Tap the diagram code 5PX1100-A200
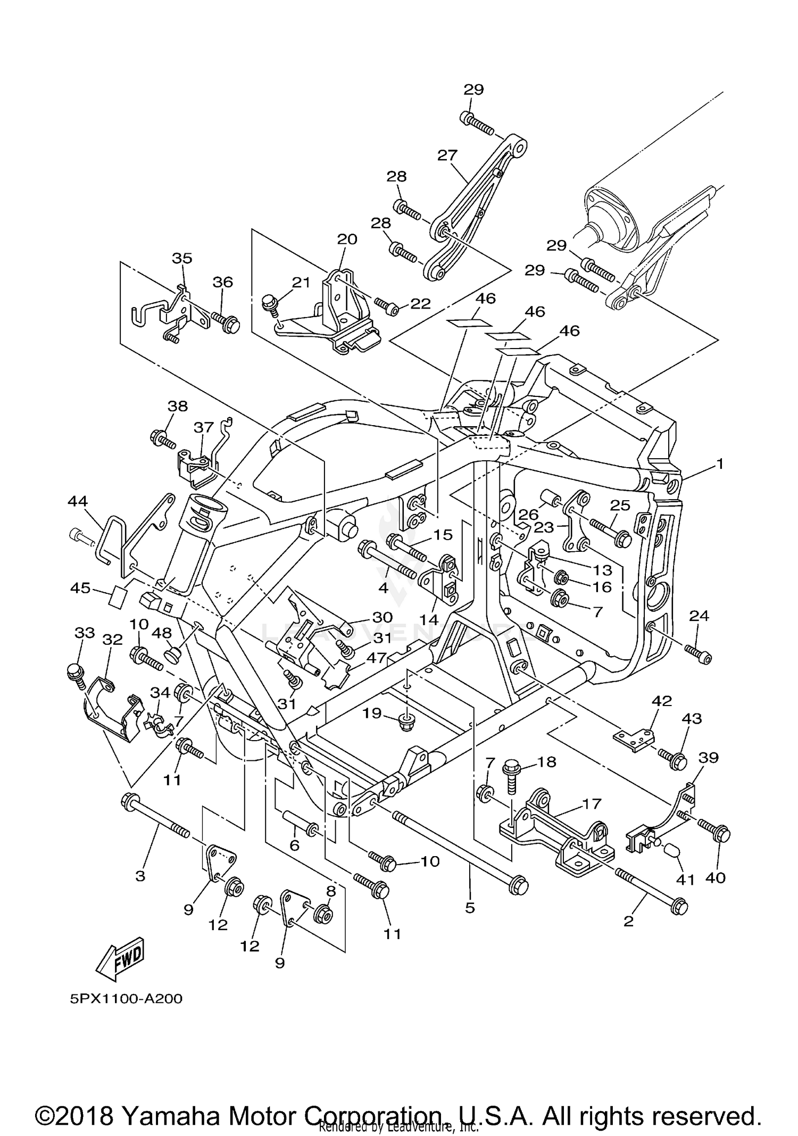pos(126,999)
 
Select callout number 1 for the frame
pos(719,465)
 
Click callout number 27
pos(447,155)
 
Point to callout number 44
pos(78,501)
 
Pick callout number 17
pos(591,804)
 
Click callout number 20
pos(347,239)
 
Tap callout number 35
pos(182,258)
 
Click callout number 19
pos(372,712)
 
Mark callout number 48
pos(162,633)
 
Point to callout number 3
pos(140,875)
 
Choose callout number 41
pos(685,880)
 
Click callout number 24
pos(699,616)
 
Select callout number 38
pos(178,406)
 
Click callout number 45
pos(80,589)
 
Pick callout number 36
pos(222,282)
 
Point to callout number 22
pos(420,303)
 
